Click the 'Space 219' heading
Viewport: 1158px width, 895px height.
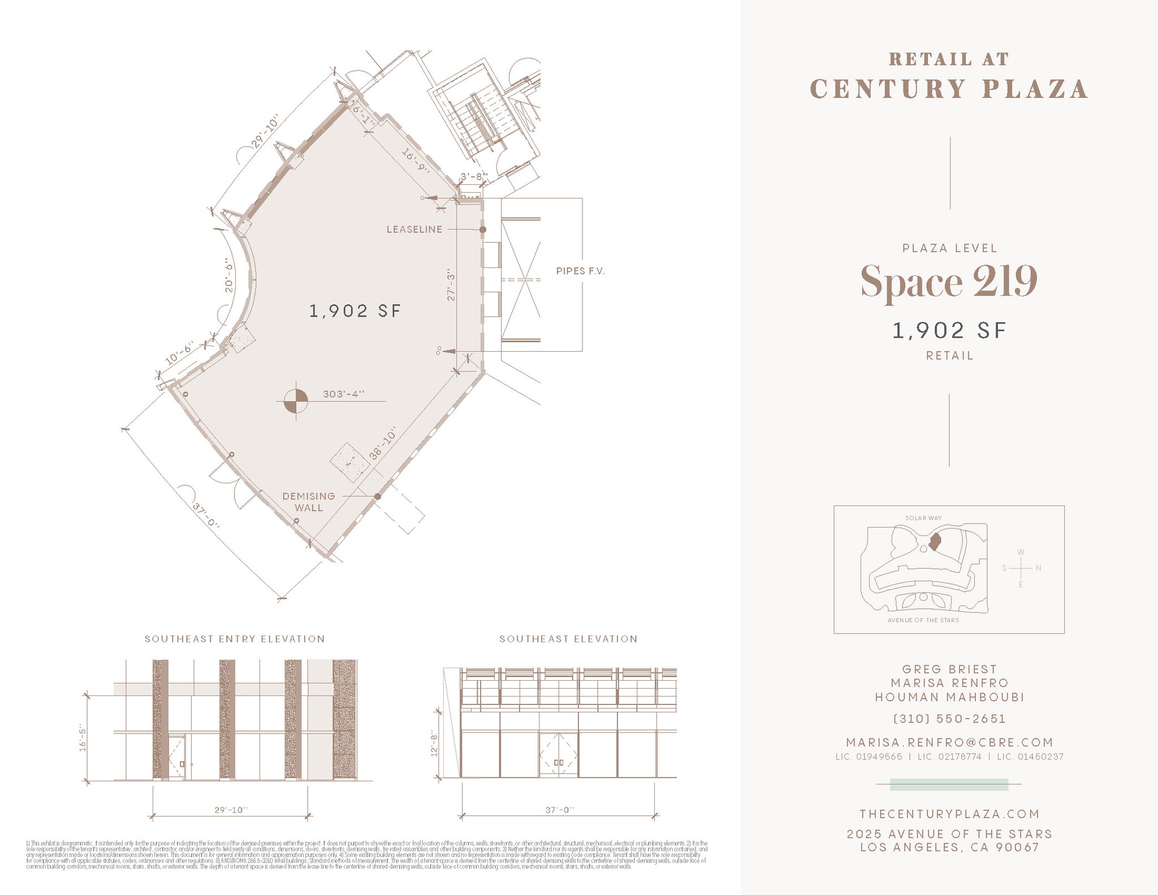click(948, 281)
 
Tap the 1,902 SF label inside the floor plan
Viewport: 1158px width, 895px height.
click(355, 311)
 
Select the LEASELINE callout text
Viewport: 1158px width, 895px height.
click(414, 230)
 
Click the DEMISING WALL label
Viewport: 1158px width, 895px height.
click(309, 501)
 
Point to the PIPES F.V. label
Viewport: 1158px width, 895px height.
click(580, 271)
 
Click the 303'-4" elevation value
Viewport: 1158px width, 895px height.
click(344, 394)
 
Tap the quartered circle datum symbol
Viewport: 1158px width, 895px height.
click(296, 401)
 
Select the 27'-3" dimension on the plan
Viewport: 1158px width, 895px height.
click(451, 284)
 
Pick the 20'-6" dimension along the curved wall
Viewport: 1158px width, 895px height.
click(228, 275)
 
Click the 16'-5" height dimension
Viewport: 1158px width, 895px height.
click(83, 738)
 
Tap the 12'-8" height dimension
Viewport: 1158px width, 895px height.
click(434, 743)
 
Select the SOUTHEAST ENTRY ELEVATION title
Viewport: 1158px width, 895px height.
click(235, 639)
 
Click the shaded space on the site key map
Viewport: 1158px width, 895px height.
click(935, 542)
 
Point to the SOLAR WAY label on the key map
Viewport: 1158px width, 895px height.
click(923, 518)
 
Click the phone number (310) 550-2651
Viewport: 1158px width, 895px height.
click(949, 719)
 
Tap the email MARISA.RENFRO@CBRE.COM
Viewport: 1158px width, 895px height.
click(949, 742)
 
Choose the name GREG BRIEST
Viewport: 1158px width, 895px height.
click(949, 669)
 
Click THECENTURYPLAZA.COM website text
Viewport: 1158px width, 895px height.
click(949, 814)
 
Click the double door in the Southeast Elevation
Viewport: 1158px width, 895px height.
click(558, 755)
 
